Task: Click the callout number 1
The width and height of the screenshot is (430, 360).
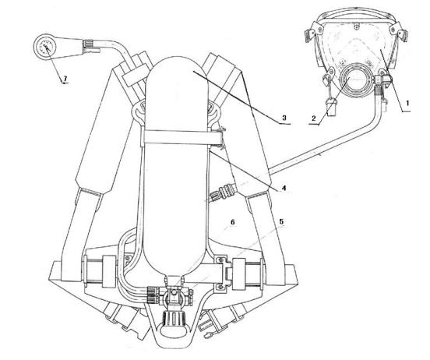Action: (x=407, y=103)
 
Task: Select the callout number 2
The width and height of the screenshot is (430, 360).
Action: (x=314, y=118)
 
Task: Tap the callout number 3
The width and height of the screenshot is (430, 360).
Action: (x=284, y=118)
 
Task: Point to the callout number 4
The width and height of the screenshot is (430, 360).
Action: (x=284, y=188)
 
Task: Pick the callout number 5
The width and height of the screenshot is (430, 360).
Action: (x=281, y=221)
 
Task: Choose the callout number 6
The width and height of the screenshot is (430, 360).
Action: (x=233, y=222)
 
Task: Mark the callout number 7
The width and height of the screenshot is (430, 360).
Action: (x=65, y=79)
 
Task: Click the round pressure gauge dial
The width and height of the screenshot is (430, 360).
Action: (x=46, y=47)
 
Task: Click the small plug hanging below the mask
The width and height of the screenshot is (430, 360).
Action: (x=331, y=108)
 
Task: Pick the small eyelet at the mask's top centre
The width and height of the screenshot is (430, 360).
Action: (x=356, y=26)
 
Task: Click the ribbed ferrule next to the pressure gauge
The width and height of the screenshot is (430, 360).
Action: (x=89, y=44)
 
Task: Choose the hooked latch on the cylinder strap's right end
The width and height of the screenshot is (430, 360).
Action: (x=221, y=137)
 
